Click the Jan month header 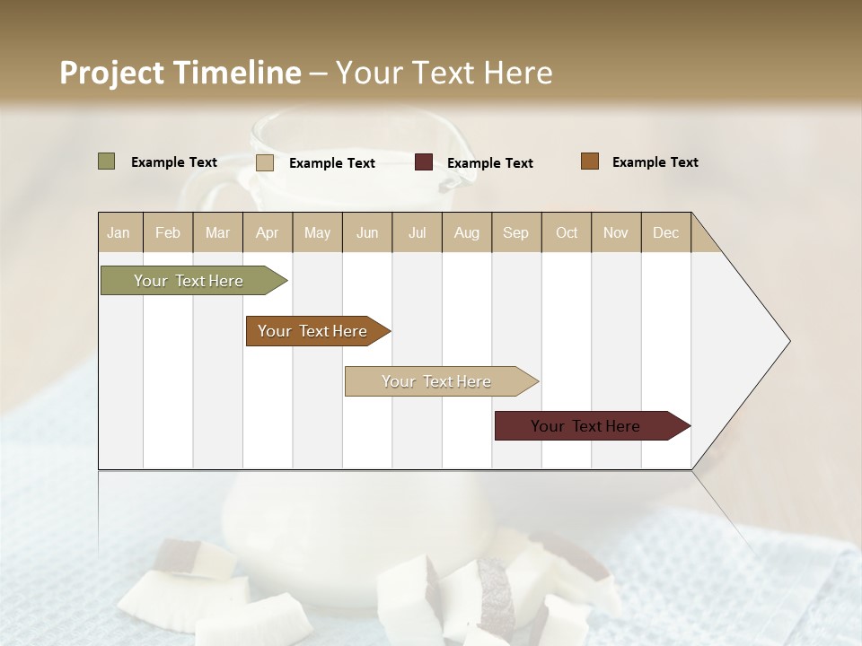[119, 232]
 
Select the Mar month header [217, 232]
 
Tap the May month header [317, 232]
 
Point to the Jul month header [417, 232]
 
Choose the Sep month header [515, 232]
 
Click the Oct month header [567, 232]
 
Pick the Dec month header [665, 232]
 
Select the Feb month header [168, 232]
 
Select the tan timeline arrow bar [437, 381]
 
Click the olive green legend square [107, 161]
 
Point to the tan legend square [265, 162]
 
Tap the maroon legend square [424, 162]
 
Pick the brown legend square [590, 161]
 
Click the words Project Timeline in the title [180, 73]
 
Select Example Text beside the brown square [655, 162]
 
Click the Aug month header [466, 232]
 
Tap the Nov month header [615, 232]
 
